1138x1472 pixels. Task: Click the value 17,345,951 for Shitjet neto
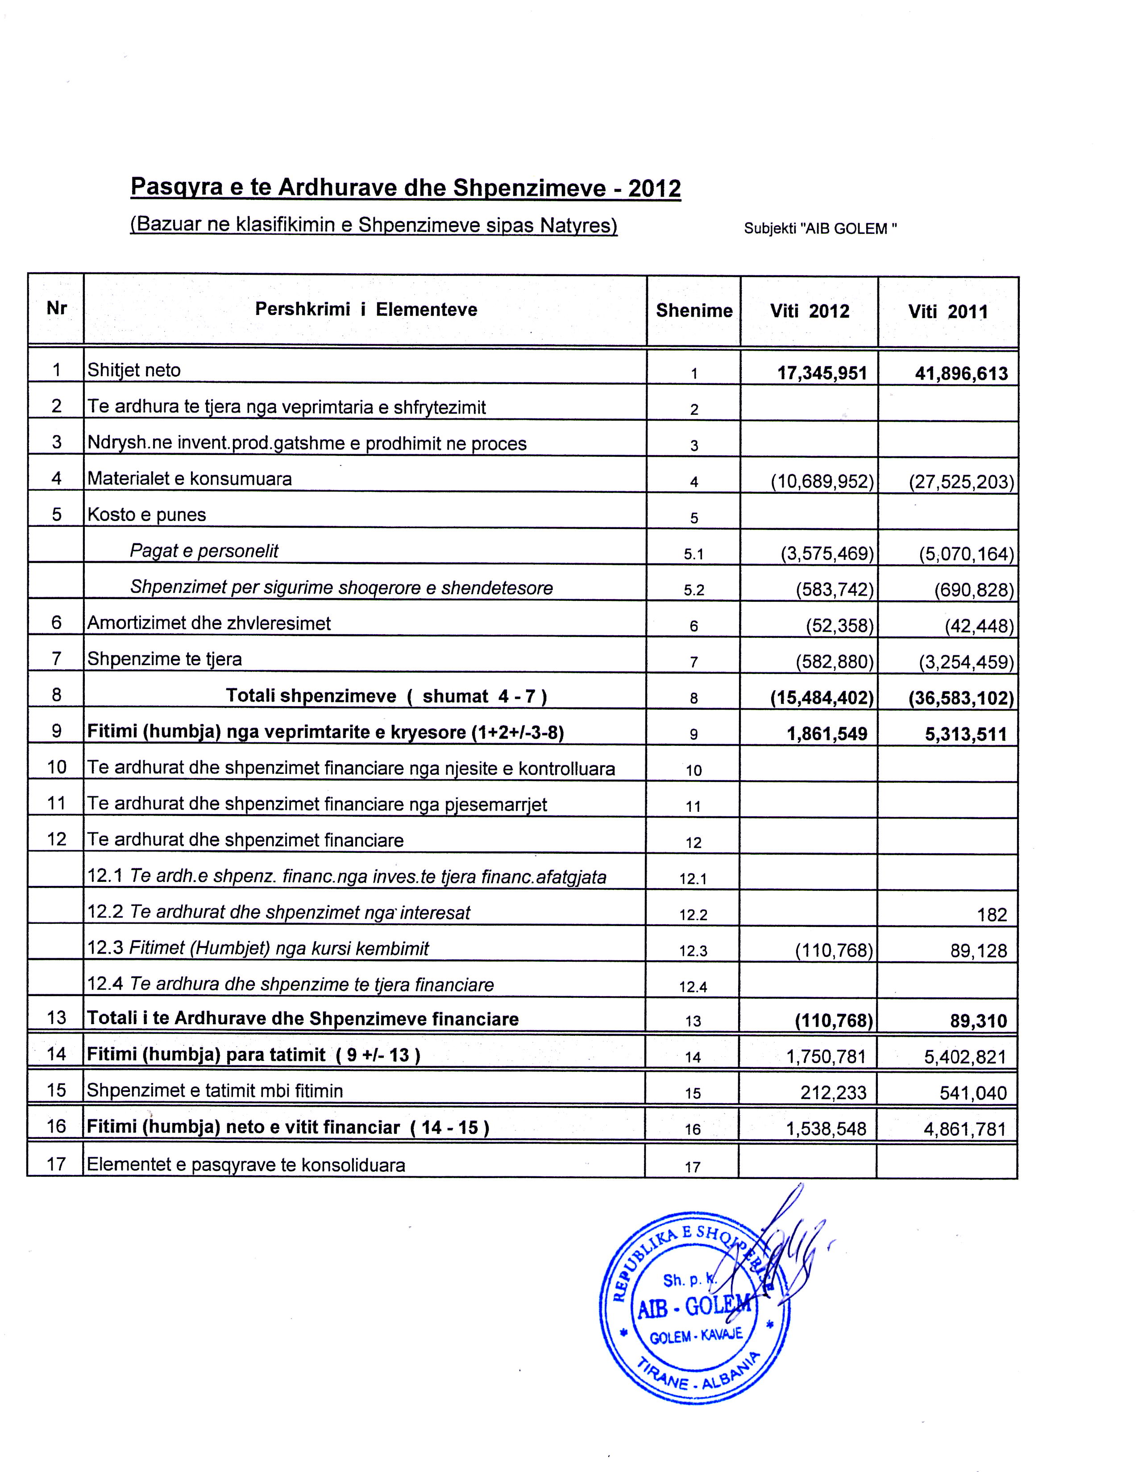click(x=822, y=373)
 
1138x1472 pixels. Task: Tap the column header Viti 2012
click(x=809, y=311)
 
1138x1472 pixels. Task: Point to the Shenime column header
click(x=694, y=311)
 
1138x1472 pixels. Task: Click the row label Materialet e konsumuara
click(x=189, y=479)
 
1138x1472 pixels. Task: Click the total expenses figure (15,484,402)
click(x=822, y=698)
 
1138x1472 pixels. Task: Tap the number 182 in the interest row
click(x=992, y=914)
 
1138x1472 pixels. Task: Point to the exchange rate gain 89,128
click(x=978, y=951)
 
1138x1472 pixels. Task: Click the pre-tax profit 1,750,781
click(x=826, y=1056)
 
